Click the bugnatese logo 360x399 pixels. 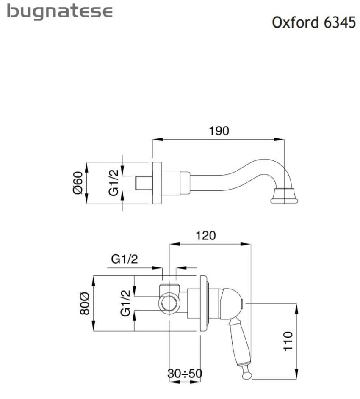60,12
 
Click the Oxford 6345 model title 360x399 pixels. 314,22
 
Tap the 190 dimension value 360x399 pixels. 219,131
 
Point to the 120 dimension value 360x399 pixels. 205,236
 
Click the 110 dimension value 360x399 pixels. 288,341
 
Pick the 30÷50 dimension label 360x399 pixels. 185,374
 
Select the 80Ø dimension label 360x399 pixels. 85,303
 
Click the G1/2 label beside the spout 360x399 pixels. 114,183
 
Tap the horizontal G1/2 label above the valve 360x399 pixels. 125,259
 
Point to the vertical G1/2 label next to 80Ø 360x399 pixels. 125,303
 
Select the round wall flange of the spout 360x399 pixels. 157,183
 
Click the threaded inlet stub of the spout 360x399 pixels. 144,183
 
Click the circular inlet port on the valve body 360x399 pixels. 169,303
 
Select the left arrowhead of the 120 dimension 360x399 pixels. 174,244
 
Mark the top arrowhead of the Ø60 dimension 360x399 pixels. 86,167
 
